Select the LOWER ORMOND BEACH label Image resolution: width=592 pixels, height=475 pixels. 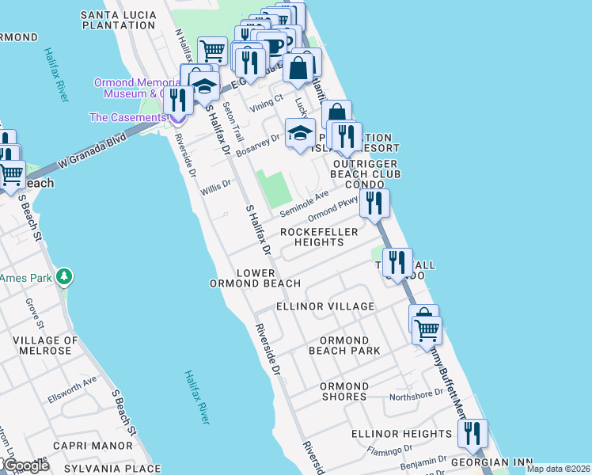[x=255, y=278]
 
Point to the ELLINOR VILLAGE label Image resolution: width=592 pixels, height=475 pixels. [x=325, y=306]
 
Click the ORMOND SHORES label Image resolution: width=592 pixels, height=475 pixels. [x=344, y=391]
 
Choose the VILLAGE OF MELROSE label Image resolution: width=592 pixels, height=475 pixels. [x=45, y=346]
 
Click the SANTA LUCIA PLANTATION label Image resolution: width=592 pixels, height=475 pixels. [x=118, y=20]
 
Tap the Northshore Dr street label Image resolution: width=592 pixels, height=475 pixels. [x=416, y=395]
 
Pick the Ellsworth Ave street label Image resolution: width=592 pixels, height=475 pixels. [x=71, y=383]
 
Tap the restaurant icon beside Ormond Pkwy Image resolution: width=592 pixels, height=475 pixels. [x=374, y=203]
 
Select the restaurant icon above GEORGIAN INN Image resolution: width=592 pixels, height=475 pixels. [x=472, y=432]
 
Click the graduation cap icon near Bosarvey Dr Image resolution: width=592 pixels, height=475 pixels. [x=300, y=134]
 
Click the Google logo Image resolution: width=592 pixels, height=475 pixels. [x=25, y=465]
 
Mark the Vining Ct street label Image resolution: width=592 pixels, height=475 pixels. [x=266, y=101]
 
